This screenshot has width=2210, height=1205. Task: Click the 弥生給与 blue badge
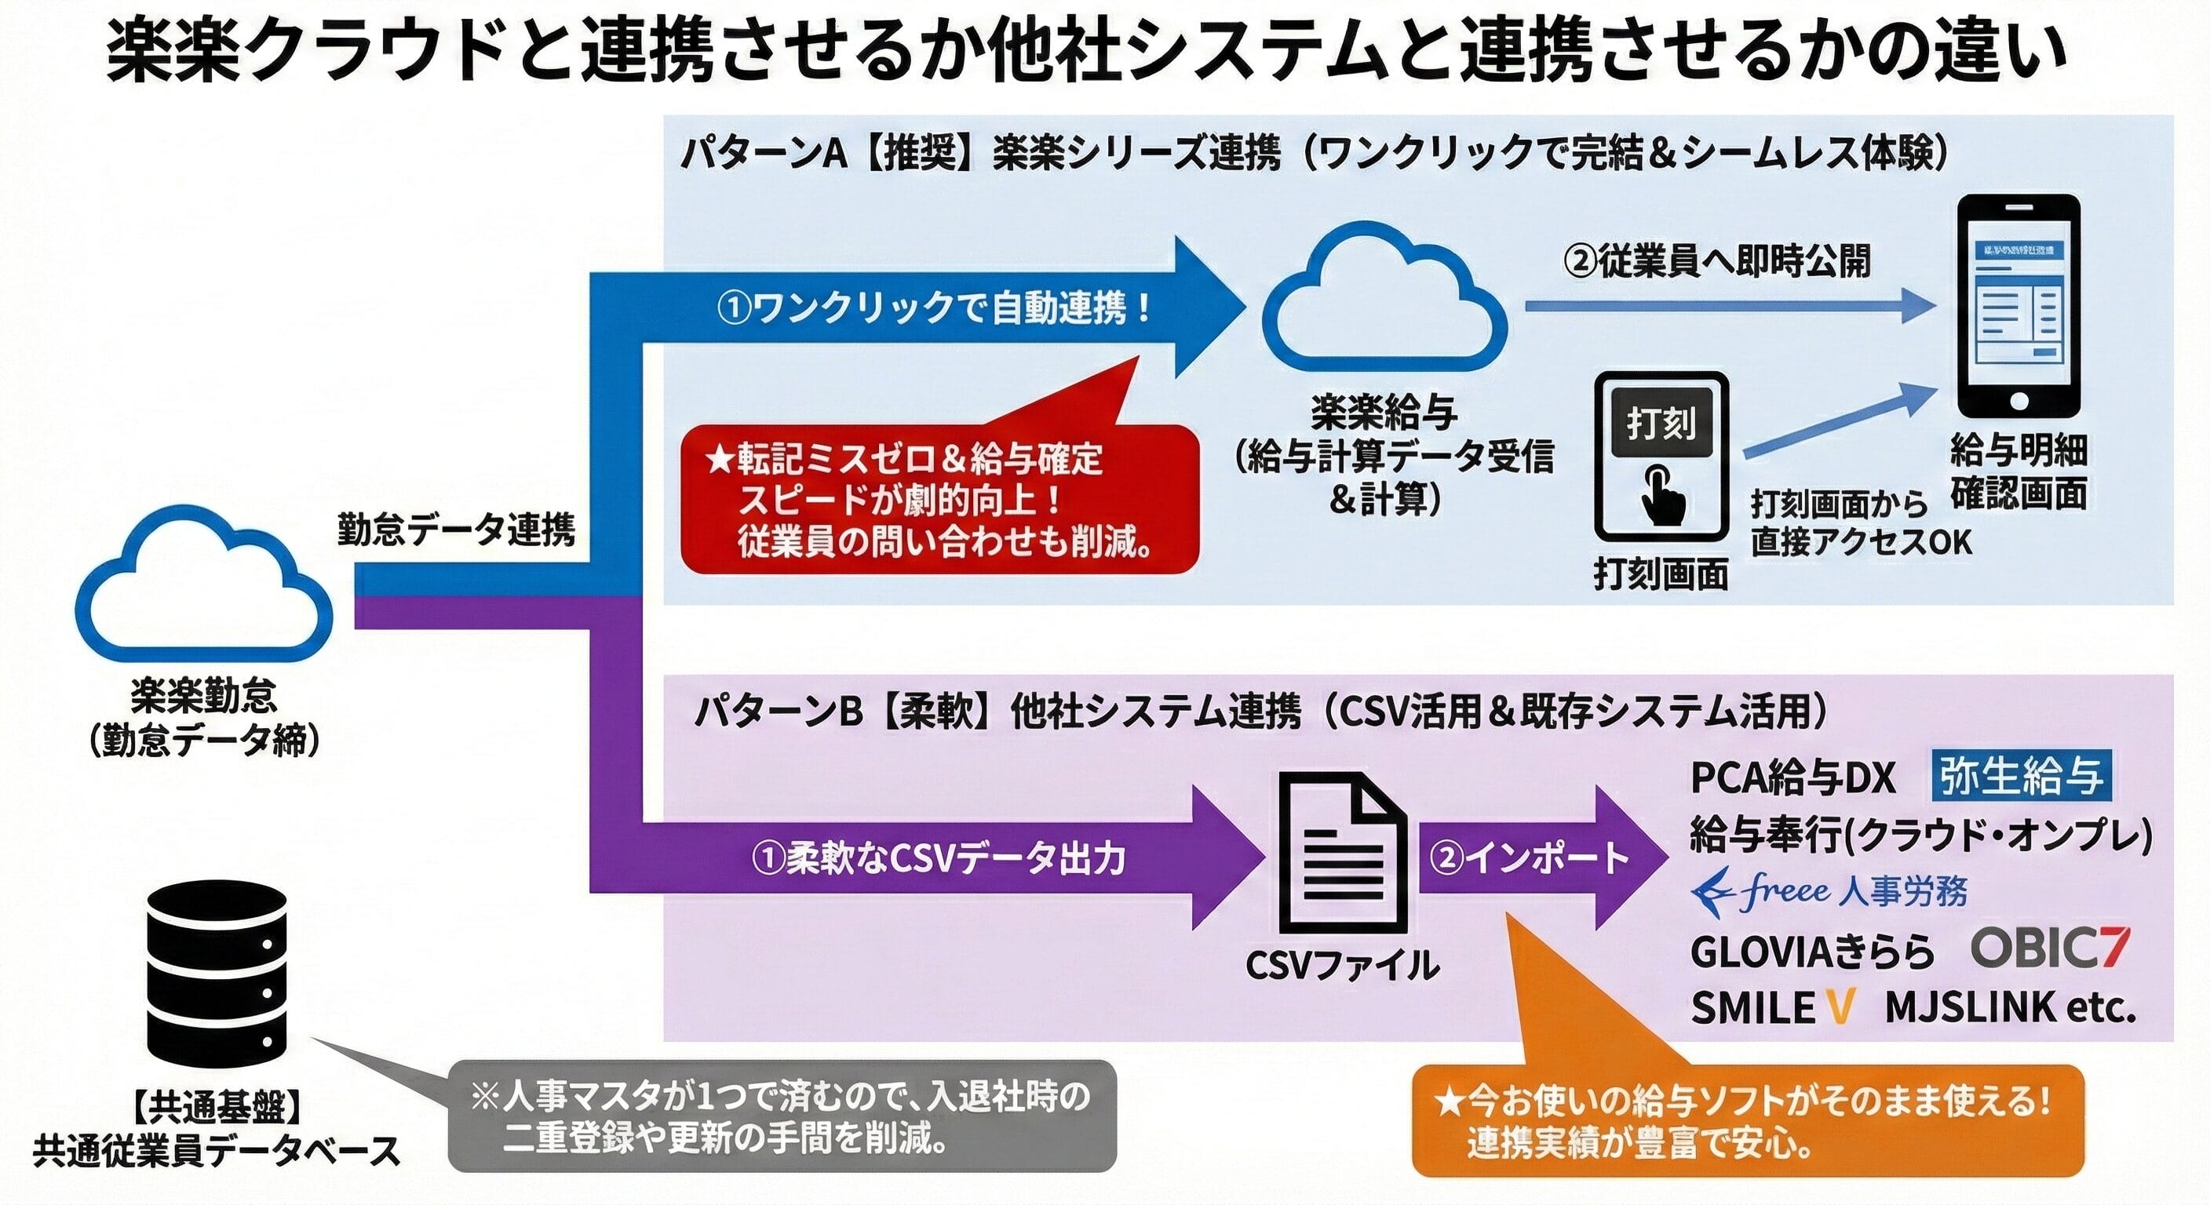click(2020, 777)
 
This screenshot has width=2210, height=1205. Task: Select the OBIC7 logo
click(2050, 948)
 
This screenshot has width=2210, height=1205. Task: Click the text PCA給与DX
click(1792, 779)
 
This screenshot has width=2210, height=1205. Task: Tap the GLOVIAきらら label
click(1811, 951)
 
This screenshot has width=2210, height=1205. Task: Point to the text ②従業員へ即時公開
click(1715, 260)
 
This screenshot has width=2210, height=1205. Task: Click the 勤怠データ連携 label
click(455, 530)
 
